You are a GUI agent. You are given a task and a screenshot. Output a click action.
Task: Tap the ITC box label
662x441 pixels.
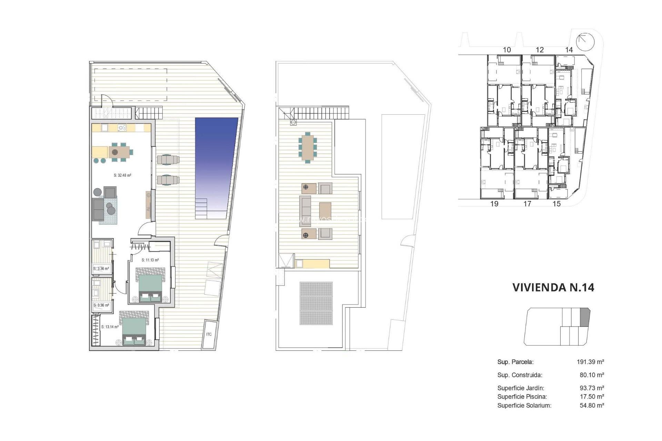[209, 335]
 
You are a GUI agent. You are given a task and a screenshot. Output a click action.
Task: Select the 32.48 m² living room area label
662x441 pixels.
[122, 175]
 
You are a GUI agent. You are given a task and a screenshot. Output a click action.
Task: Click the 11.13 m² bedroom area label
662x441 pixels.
[150, 260]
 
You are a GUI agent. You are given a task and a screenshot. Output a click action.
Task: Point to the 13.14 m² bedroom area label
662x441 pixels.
[110, 327]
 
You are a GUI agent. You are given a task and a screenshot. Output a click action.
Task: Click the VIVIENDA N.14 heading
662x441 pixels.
[553, 287]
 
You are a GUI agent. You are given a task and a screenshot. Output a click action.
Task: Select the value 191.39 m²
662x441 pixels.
[590, 362]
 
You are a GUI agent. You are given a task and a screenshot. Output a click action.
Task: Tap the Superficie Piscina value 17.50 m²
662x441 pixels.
[592, 397]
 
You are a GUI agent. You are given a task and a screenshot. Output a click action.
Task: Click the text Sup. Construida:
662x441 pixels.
[520, 375]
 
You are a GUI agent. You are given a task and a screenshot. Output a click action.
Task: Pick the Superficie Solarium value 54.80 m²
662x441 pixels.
[592, 406]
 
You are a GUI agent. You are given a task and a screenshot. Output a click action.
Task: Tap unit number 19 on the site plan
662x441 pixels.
[494, 204]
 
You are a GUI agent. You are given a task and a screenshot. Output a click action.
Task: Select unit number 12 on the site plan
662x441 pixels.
[540, 50]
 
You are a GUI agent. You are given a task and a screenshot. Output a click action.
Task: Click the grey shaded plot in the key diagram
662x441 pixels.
[585, 317]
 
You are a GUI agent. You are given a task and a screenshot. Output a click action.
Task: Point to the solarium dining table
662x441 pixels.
[308, 147]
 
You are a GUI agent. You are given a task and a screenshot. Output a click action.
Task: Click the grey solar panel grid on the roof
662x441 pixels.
[316, 303]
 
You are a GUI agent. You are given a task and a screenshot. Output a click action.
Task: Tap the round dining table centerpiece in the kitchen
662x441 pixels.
[115, 152]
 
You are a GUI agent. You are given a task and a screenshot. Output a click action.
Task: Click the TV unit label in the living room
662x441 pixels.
[148, 208]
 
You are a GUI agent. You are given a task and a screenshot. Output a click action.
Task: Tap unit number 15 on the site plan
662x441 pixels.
[556, 204]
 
